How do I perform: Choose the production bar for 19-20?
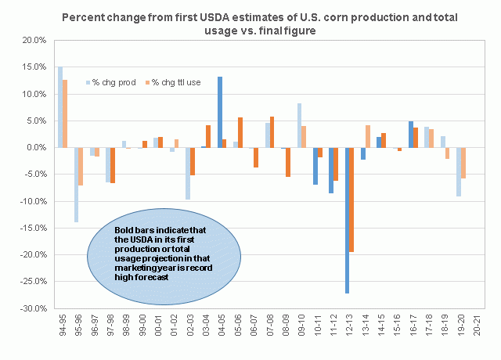(x=459, y=171)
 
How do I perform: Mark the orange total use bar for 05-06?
(x=240, y=132)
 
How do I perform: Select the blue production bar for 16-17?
(x=411, y=134)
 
